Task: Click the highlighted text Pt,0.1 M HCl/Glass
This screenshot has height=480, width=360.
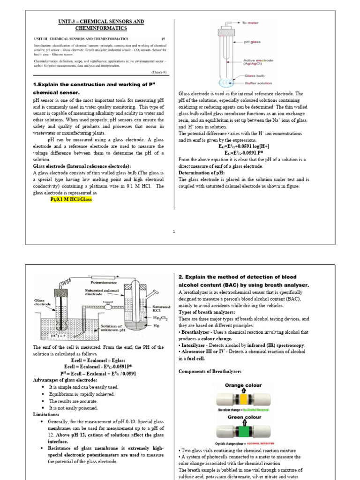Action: coord(71,199)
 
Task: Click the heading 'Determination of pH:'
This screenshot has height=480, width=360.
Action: coord(202,172)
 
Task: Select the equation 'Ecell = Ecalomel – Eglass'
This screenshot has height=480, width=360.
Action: coord(98,360)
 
